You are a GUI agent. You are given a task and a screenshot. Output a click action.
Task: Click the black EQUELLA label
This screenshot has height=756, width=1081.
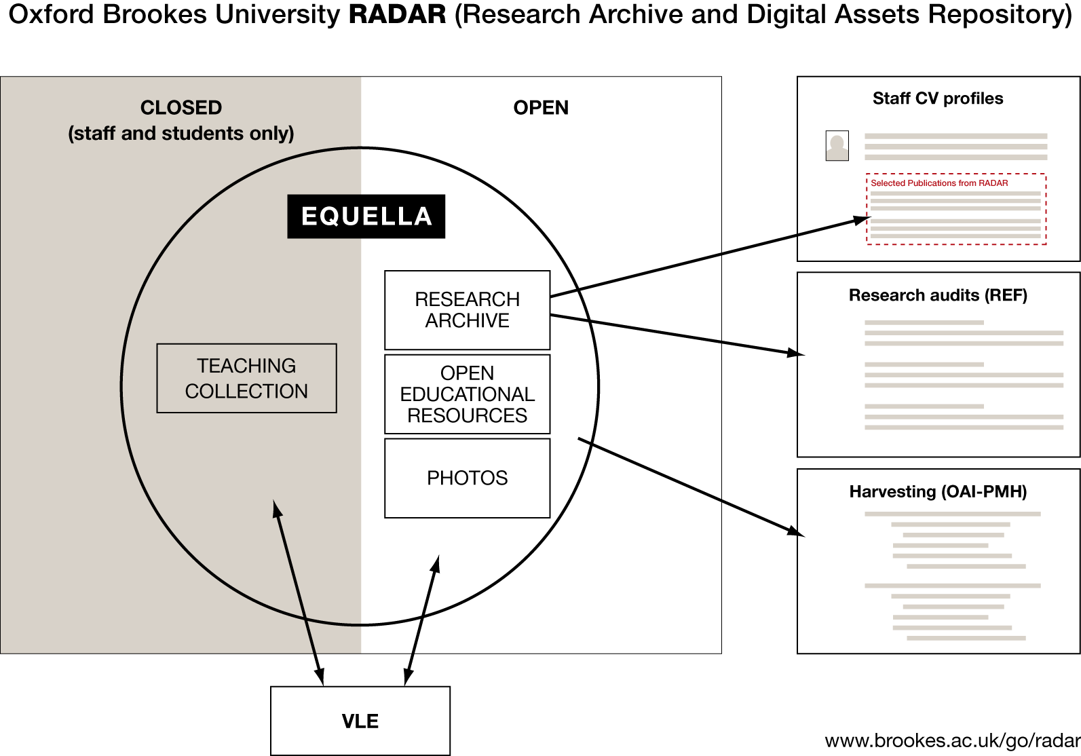point(366,216)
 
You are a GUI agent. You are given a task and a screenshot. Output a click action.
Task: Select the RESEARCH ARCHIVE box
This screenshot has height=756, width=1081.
point(467,310)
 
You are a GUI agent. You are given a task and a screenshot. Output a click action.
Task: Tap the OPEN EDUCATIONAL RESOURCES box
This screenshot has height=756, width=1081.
point(467,394)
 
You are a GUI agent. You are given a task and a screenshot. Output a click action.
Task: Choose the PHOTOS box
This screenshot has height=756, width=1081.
point(467,478)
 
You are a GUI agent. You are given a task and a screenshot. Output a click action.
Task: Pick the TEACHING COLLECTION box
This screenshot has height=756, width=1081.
point(246,379)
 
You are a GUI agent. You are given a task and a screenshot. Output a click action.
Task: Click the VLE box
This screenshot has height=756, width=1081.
point(360,721)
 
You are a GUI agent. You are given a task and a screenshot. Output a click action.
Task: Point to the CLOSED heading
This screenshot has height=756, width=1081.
point(181,108)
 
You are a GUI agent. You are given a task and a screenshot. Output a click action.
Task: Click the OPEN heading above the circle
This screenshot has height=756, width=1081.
point(541,108)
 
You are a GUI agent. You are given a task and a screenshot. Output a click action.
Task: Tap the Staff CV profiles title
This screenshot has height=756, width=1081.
point(938,99)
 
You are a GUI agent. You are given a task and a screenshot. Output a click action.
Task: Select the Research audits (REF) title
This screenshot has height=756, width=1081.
point(938,295)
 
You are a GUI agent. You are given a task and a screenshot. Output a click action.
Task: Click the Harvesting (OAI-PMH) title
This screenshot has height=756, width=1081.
point(938,491)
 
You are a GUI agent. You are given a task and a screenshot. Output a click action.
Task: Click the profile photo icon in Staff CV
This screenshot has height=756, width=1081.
point(837,145)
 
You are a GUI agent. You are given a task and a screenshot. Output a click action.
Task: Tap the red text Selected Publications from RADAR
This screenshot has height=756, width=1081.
point(939,183)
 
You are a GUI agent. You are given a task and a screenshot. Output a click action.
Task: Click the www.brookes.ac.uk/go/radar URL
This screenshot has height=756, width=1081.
point(952,741)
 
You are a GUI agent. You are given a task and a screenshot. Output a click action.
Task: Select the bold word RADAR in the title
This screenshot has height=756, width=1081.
point(397,15)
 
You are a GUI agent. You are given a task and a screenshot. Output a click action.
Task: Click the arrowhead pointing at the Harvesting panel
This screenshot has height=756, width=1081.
point(796,531)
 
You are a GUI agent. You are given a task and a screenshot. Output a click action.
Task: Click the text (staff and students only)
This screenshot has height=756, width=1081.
point(181,134)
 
